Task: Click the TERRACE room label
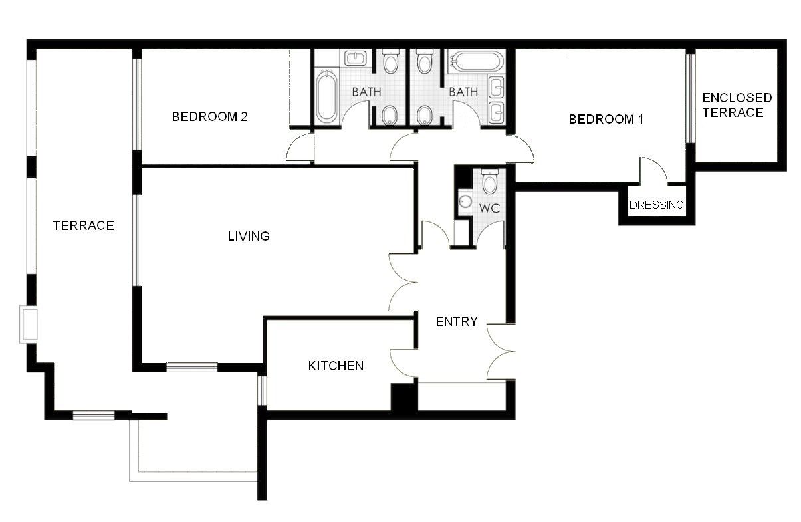(x=83, y=225)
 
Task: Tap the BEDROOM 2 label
(x=209, y=116)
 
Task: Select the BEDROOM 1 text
(x=606, y=120)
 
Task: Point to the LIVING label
(x=249, y=236)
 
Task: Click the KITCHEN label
(x=336, y=366)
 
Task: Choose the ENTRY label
(x=457, y=321)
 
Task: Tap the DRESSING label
(x=656, y=205)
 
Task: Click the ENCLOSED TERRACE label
(x=737, y=105)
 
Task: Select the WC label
(x=489, y=208)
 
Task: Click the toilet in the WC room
(x=490, y=181)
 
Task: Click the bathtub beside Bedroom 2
(x=326, y=97)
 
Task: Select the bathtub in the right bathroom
(x=476, y=63)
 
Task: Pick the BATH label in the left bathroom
(x=366, y=92)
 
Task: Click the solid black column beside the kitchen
(x=403, y=397)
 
